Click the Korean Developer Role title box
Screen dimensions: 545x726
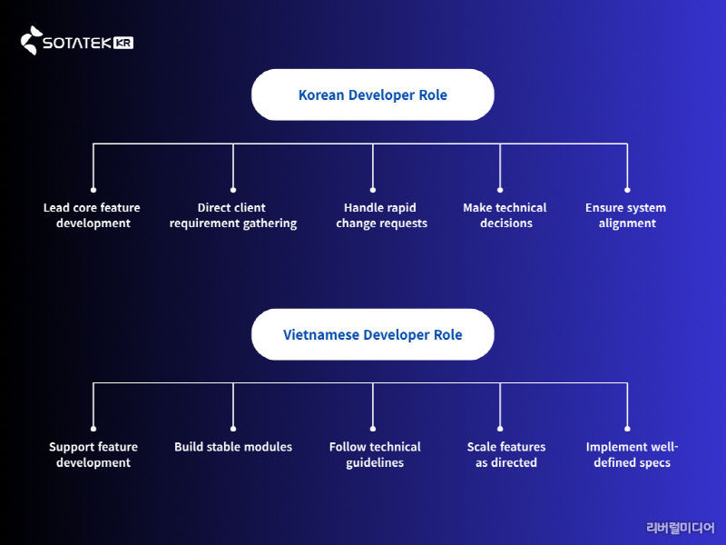point(372,94)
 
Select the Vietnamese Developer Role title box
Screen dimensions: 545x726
point(372,334)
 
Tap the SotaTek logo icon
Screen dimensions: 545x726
point(31,41)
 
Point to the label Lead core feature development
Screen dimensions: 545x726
point(93,215)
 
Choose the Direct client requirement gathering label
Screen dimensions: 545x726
point(232,215)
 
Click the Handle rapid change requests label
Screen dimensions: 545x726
point(380,215)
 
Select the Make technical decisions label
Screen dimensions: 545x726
point(505,215)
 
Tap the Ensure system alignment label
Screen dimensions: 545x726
point(626,215)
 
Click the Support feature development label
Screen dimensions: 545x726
point(93,454)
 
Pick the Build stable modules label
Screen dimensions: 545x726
point(233,447)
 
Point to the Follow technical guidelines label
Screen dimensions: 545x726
point(375,454)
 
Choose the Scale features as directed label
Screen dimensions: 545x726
point(506,454)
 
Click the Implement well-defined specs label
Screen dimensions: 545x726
point(632,454)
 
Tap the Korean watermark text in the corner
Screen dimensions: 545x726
point(680,528)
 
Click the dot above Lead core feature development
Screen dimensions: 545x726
point(93,190)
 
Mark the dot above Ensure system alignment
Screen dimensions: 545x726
point(627,190)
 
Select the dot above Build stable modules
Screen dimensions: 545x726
point(233,429)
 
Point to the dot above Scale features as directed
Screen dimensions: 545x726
point(501,429)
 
